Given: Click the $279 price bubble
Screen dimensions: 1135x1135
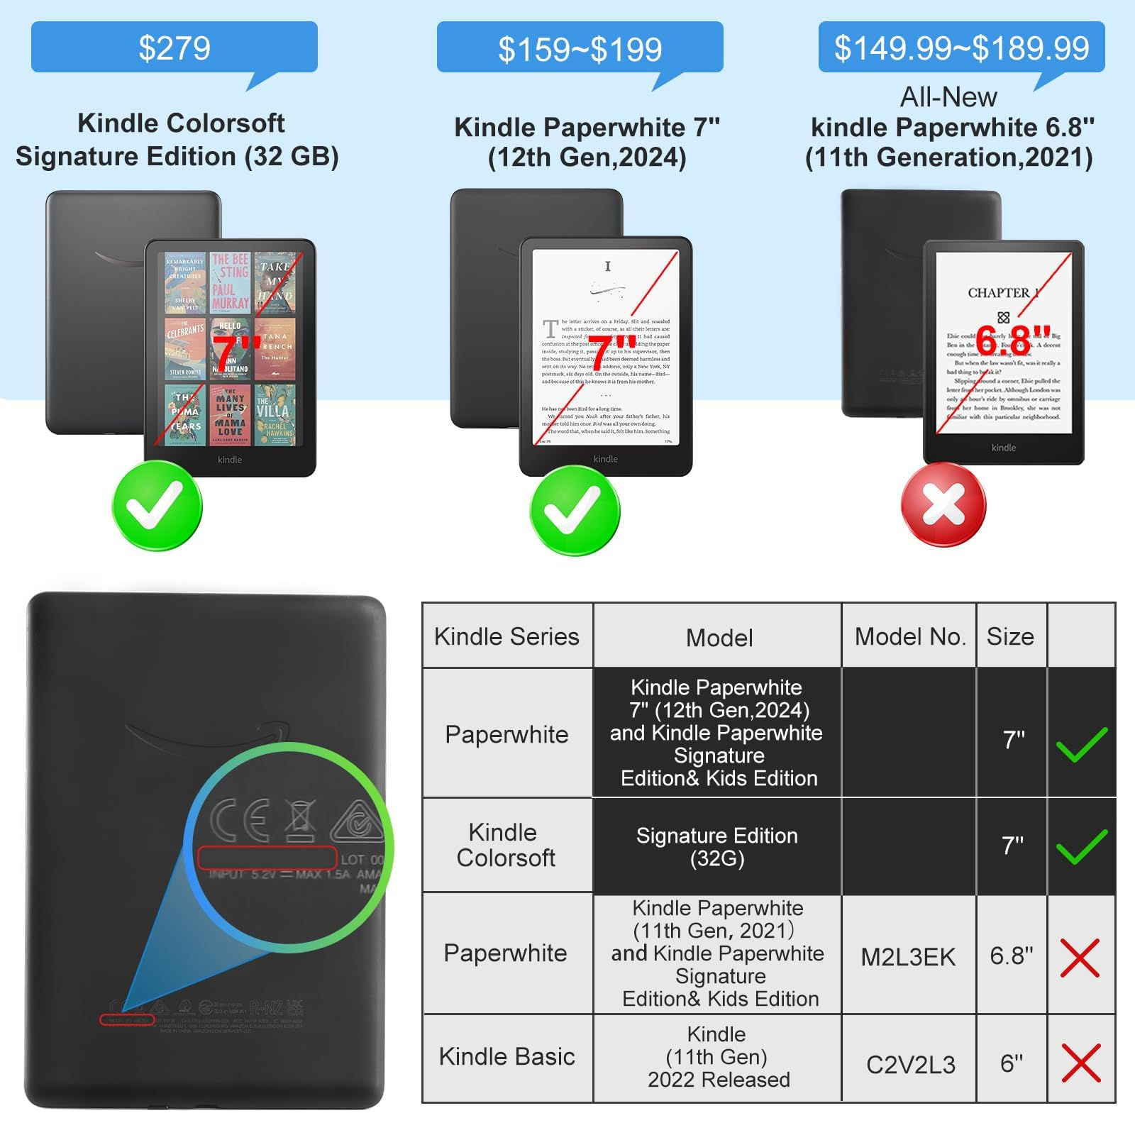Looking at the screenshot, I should click(174, 48).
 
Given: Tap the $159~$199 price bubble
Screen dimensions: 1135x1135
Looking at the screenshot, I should click(580, 48).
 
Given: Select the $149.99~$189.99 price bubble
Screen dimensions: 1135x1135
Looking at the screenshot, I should click(961, 48).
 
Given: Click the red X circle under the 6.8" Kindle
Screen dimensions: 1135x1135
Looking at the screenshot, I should click(943, 504).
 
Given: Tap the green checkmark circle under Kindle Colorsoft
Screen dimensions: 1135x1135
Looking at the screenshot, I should click(157, 505).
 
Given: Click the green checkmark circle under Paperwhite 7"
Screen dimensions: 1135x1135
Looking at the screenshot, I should click(575, 510).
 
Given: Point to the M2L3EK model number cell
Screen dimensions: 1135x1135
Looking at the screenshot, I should click(908, 957).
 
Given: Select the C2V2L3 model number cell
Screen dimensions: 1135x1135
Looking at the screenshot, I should click(910, 1064).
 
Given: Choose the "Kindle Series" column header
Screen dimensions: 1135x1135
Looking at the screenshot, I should click(506, 636).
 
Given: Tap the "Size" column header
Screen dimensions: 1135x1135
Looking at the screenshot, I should click(1010, 636).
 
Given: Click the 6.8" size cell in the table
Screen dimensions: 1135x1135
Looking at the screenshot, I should click(1012, 956).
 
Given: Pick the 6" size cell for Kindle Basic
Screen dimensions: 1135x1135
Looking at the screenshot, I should click(1012, 1063).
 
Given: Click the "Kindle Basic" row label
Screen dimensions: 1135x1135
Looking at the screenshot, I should click(506, 1056).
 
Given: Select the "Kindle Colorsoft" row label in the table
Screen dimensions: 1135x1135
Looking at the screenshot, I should click(506, 845).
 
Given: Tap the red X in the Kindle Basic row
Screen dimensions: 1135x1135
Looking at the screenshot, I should click(1080, 1063).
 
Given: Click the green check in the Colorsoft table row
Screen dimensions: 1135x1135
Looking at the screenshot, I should click(1081, 846).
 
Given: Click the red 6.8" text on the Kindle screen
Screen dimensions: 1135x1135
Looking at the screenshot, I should click(1012, 340).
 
